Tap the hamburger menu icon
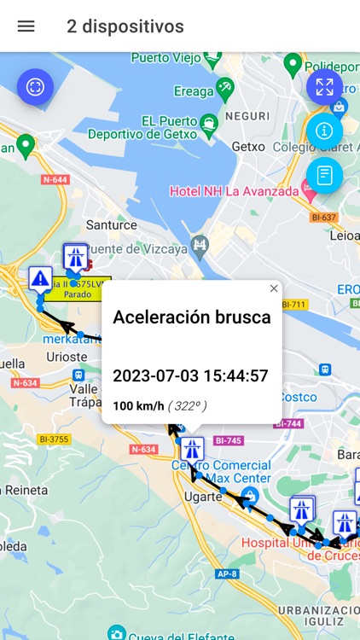[x=26, y=26]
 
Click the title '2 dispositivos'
[x=125, y=26]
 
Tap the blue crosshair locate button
[x=35, y=86]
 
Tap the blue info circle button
[x=324, y=131]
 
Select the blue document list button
[x=324, y=175]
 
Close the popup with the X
[x=274, y=288]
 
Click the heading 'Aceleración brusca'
[x=192, y=317]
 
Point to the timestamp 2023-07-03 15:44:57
[x=190, y=375]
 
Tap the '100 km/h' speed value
[x=138, y=405]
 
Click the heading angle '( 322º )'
[x=187, y=405]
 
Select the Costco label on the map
[x=299, y=396]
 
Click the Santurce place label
[x=113, y=225]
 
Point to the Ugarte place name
[x=204, y=496]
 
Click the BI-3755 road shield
[x=53, y=439]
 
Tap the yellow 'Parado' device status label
[x=75, y=293]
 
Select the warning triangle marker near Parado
[x=39, y=278]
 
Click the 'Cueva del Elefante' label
[x=179, y=635]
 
